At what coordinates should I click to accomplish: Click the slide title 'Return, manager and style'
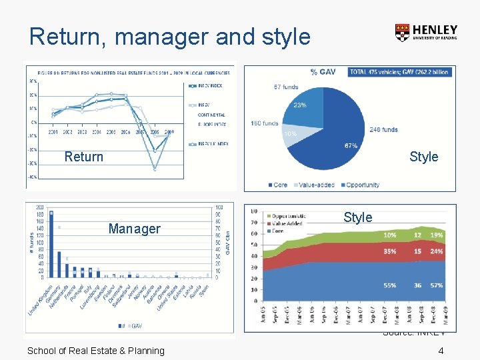(170, 36)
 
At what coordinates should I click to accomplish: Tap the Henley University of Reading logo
(426, 33)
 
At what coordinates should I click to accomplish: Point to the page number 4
(441, 351)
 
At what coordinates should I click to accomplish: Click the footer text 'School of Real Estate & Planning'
(95, 351)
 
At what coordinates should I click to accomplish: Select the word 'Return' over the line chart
(84, 157)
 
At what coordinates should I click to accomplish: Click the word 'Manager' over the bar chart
(134, 229)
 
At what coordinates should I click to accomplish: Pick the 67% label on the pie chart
(351, 145)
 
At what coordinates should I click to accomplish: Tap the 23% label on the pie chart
(300, 105)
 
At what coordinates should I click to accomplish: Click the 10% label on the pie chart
(290, 134)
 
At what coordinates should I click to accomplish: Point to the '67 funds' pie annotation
(285, 87)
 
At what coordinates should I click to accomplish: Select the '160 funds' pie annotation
(264, 123)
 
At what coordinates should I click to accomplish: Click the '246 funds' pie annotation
(383, 130)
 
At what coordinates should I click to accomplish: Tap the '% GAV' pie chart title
(323, 72)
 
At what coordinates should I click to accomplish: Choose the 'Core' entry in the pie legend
(280, 185)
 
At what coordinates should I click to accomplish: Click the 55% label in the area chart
(389, 285)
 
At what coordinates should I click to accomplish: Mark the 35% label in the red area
(389, 251)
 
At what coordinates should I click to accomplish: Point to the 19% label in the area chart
(437, 235)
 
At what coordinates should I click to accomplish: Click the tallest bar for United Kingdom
(51, 243)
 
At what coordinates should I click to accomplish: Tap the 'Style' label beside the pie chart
(423, 157)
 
